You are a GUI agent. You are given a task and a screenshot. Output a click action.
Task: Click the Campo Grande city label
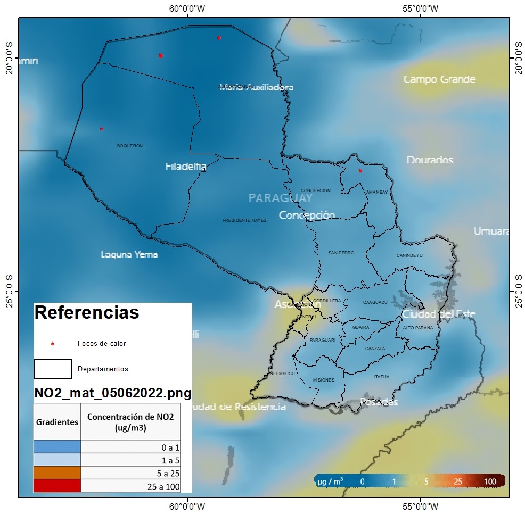click(x=439, y=79)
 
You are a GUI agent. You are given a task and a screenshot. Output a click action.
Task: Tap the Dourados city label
click(x=430, y=160)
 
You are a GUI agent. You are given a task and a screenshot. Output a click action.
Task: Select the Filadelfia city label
click(x=186, y=167)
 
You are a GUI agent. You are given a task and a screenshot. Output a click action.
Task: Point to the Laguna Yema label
click(x=129, y=254)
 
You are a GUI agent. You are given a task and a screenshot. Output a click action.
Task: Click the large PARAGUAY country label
click(x=281, y=198)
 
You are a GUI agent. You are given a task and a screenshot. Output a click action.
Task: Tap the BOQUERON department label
click(x=130, y=146)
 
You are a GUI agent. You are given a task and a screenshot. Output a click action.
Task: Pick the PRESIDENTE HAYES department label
click(x=244, y=220)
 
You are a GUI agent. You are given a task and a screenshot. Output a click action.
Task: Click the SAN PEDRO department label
click(x=341, y=253)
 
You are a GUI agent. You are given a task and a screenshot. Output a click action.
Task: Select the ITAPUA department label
click(x=382, y=377)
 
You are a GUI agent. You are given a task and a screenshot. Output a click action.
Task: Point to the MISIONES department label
click(x=324, y=380)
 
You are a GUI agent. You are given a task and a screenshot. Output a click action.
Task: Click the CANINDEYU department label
click(x=409, y=255)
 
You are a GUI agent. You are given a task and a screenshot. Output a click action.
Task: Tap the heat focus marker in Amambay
click(x=360, y=171)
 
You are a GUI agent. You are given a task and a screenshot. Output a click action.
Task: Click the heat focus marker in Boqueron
click(x=101, y=128)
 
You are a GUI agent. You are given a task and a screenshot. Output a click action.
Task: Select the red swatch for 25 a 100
click(x=57, y=486)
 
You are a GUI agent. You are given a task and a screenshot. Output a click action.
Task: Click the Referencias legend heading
click(x=87, y=313)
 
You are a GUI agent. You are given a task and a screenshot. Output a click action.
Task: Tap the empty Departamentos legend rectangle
click(x=53, y=369)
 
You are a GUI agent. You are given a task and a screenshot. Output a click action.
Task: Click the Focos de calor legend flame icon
click(x=52, y=344)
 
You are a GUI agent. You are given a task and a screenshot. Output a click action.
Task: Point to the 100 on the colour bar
click(x=490, y=482)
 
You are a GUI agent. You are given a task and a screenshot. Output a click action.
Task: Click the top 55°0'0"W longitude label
click(x=421, y=8)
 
